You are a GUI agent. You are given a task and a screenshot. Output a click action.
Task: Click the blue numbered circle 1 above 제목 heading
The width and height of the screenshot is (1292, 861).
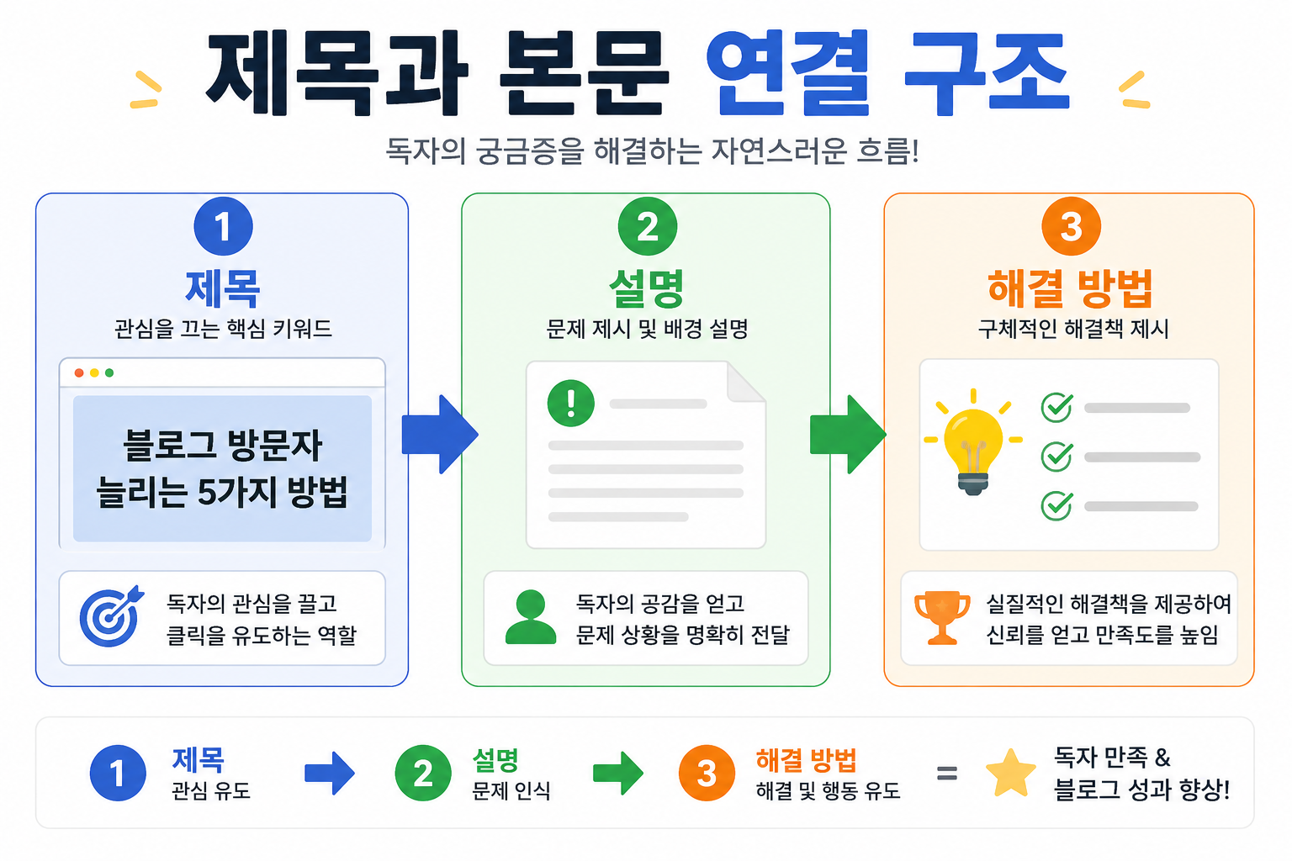(x=223, y=226)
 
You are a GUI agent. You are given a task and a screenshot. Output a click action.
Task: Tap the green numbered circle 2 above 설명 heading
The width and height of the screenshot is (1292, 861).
(x=647, y=226)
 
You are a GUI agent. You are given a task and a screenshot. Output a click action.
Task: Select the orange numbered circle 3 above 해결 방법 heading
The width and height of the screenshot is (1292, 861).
(x=1071, y=226)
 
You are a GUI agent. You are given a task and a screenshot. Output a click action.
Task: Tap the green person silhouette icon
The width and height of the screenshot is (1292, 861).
(x=531, y=616)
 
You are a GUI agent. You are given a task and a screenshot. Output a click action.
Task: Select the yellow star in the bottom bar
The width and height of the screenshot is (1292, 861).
(x=1010, y=773)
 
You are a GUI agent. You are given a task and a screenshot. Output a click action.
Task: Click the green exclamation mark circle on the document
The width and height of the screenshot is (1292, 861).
(x=571, y=403)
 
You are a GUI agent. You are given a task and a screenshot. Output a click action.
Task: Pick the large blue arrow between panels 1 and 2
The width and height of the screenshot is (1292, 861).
(x=440, y=434)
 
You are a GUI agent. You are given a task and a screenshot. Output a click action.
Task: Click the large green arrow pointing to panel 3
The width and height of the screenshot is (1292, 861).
(x=848, y=434)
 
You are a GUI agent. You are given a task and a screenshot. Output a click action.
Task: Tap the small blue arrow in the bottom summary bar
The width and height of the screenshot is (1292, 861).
(x=330, y=773)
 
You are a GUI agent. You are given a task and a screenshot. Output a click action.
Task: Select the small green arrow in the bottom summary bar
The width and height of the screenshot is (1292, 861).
(x=617, y=773)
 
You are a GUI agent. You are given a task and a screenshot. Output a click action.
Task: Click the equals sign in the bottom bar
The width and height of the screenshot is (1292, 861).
(x=947, y=773)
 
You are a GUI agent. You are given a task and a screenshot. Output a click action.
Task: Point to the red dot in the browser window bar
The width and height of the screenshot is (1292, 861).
(x=79, y=373)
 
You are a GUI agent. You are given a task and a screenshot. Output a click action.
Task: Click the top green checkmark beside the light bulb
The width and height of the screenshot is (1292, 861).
(x=1057, y=407)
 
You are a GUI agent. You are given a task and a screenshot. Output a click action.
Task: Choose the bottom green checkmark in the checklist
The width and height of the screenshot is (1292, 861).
(x=1057, y=506)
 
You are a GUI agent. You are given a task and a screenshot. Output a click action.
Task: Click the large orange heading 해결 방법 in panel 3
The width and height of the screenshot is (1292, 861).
(x=1070, y=288)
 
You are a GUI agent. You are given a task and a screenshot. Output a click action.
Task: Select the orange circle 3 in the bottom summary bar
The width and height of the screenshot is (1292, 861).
(x=707, y=773)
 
